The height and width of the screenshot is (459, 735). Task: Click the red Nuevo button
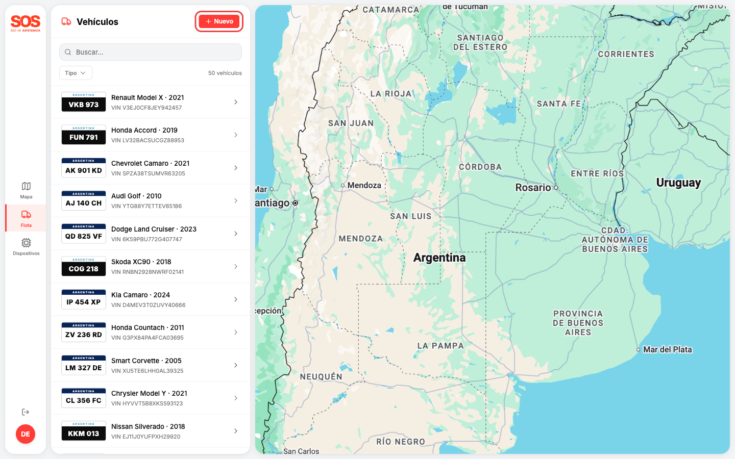(219, 21)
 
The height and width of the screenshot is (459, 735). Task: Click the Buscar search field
(151, 52)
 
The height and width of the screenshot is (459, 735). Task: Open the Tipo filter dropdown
(76, 73)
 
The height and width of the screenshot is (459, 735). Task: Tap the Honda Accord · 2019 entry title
(144, 130)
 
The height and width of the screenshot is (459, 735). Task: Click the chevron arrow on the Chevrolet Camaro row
(236, 168)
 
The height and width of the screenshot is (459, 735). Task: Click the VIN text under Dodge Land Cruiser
(146, 239)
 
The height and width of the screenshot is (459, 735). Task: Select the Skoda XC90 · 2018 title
(141, 262)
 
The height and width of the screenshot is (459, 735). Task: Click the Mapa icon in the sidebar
(26, 186)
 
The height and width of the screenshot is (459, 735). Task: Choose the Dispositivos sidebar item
(26, 246)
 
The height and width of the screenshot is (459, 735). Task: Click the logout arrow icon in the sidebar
(26, 412)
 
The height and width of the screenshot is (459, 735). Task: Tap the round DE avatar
(26, 434)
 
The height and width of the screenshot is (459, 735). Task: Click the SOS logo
(26, 23)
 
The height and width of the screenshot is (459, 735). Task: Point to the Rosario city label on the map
(533, 188)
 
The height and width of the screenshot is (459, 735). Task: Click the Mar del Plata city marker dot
(638, 350)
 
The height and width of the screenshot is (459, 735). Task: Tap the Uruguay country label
(678, 183)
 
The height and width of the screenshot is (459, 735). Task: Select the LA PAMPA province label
(440, 346)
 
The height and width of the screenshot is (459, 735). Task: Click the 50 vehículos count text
(225, 73)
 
